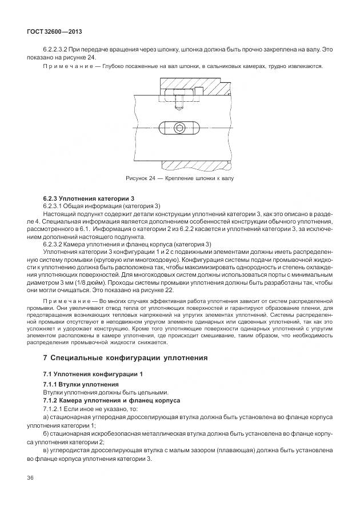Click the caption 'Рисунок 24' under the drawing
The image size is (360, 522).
(x=143, y=178)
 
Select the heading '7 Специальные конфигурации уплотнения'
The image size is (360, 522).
(x=118, y=358)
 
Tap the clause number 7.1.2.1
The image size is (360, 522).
(x=55, y=409)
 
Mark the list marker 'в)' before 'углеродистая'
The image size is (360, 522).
(x=46, y=451)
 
